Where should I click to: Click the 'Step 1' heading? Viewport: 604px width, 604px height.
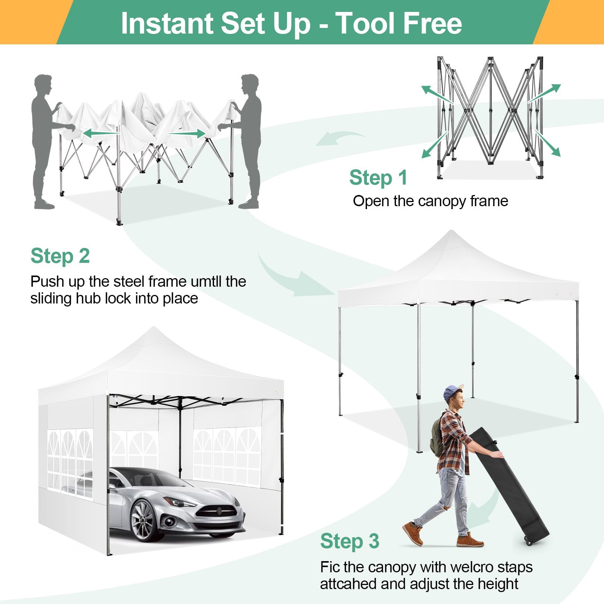coord(378,177)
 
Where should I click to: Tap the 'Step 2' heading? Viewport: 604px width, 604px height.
coord(60,256)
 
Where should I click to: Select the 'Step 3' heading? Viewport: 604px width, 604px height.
coord(349,541)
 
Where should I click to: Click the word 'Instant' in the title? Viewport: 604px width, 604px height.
coord(167,23)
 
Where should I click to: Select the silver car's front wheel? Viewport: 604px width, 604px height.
coord(143,520)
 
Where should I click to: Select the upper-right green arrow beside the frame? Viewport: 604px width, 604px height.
coord(545,93)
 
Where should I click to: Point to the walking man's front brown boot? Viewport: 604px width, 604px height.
coord(412,534)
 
